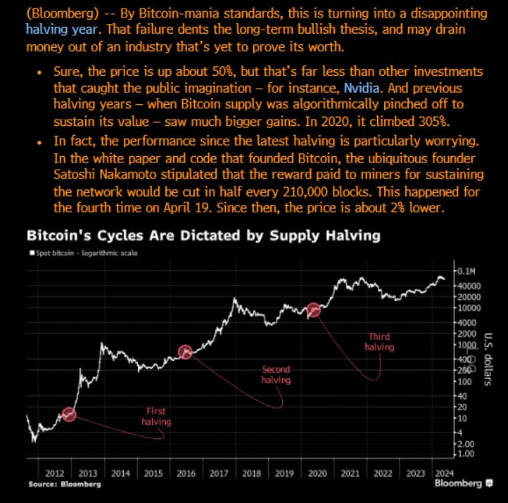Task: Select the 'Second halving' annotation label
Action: [x=276, y=374]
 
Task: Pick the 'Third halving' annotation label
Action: [x=379, y=341]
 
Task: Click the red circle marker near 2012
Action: [x=69, y=414]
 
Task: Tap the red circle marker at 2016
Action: [x=185, y=352]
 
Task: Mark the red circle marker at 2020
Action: [x=314, y=310]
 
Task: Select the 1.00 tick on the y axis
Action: [x=465, y=454]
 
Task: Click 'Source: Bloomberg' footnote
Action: [x=65, y=485]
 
